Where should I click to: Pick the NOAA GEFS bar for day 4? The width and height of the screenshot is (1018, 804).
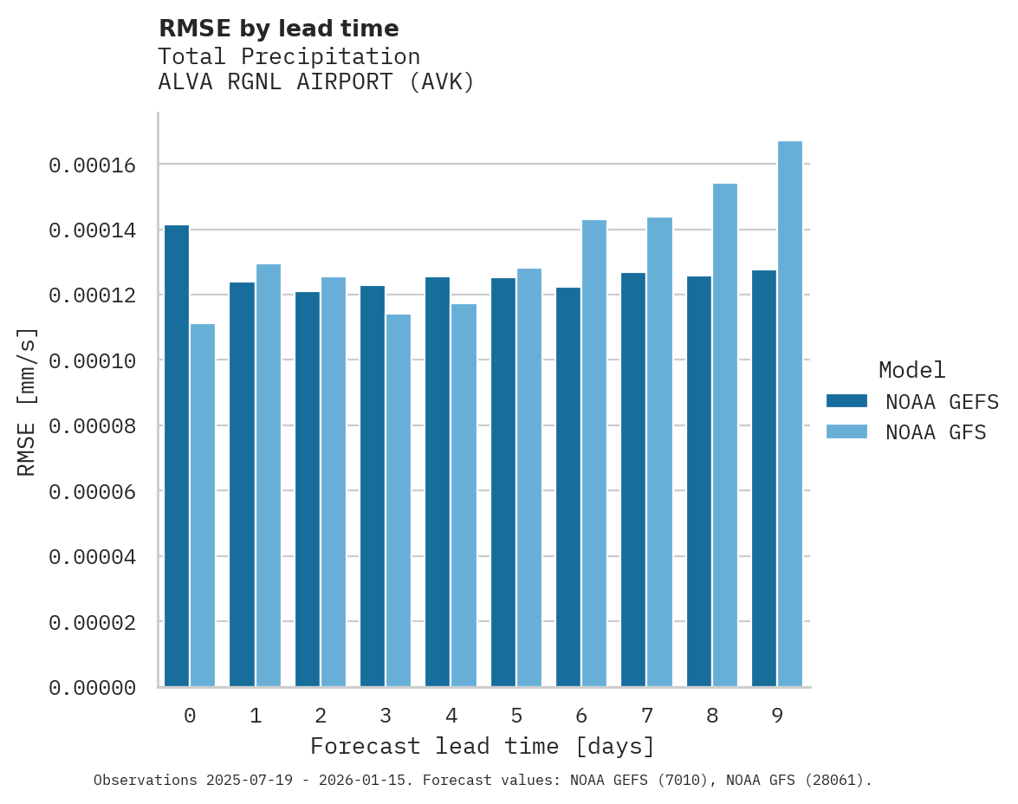click(438, 482)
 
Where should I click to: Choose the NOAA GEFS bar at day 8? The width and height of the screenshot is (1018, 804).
click(699, 482)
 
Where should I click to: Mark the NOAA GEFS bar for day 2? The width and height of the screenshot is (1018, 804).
click(307, 490)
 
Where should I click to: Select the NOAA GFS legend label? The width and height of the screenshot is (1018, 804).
click(936, 432)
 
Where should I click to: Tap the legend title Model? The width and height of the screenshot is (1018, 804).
click(911, 370)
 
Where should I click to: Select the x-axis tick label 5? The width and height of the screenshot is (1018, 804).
click(516, 716)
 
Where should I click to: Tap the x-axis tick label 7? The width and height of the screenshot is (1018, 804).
click(647, 716)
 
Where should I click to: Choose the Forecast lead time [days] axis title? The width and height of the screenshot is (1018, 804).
click(483, 746)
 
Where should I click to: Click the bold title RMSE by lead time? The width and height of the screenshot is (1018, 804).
click(279, 29)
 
